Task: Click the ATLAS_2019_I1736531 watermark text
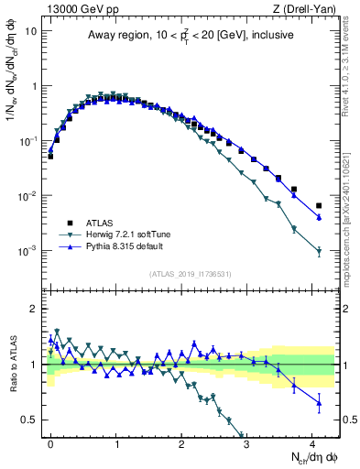click(191, 274)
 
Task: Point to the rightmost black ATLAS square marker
click(319, 205)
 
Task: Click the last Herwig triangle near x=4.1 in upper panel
click(319, 251)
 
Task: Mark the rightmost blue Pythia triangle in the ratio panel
click(319, 402)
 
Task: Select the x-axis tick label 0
click(50, 441)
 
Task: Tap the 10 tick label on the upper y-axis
click(28, 31)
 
